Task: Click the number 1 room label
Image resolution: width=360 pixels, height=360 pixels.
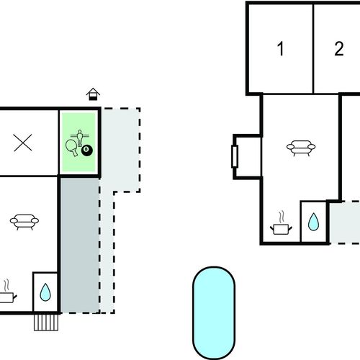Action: [x=281, y=49]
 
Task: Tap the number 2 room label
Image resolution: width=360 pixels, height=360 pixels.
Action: [x=339, y=49]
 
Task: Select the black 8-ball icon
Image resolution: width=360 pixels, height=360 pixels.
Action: [x=87, y=150]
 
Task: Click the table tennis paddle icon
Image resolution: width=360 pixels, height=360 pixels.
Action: [x=72, y=147]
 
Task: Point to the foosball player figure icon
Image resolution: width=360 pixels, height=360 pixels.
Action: [x=80, y=138]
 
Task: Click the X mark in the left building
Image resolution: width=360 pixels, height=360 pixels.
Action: [x=23, y=143]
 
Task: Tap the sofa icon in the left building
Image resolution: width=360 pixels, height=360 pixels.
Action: [x=24, y=222]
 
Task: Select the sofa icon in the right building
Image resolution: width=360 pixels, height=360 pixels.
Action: [x=301, y=148]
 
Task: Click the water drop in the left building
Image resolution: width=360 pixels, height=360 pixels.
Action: [x=45, y=292]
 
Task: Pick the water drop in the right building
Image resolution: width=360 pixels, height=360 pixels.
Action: [x=313, y=222]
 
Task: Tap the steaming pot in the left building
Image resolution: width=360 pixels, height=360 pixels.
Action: [x=7, y=291]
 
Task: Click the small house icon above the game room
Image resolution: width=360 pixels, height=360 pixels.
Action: [x=93, y=94]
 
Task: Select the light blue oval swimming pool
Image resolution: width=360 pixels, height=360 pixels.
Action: [x=214, y=312]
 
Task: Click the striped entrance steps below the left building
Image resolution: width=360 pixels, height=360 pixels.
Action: [x=46, y=323]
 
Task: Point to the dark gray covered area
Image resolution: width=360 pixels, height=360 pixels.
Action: [x=80, y=245]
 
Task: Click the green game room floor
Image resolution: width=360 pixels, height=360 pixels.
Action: [x=78, y=142]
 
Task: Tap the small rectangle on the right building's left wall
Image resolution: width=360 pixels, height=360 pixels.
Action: [x=235, y=156]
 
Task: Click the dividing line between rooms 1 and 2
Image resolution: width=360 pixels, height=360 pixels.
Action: [x=313, y=49]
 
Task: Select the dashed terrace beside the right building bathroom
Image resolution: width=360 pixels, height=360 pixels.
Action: [x=345, y=222]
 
